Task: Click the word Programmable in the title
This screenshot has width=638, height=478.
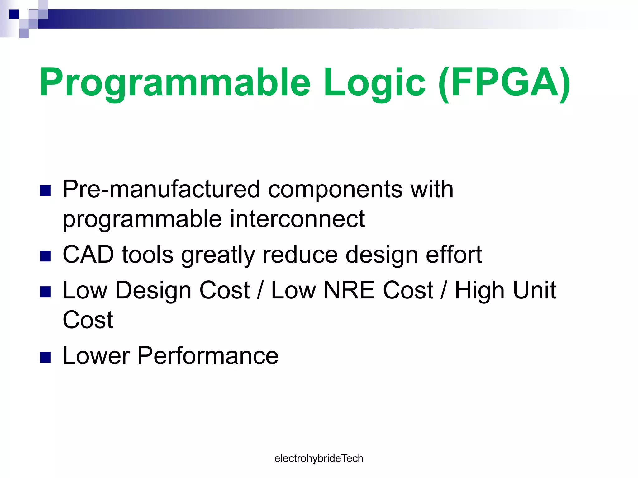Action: [x=174, y=82]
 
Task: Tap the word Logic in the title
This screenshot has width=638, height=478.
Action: [x=374, y=82]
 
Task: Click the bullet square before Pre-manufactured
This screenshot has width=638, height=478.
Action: [x=45, y=191]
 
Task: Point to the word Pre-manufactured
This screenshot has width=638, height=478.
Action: [x=161, y=189]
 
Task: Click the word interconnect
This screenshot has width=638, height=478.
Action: [x=297, y=219]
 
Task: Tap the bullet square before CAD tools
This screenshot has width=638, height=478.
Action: [x=45, y=256]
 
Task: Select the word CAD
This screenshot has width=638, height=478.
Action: [x=88, y=255]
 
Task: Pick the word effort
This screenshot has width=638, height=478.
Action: [x=454, y=255]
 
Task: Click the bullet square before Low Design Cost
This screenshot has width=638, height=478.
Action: [x=45, y=292]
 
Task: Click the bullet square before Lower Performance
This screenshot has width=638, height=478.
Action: [x=45, y=357]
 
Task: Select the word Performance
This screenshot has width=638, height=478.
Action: [x=208, y=355]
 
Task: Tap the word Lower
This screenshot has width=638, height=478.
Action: [x=96, y=355]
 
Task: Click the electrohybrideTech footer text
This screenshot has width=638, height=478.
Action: [x=319, y=458]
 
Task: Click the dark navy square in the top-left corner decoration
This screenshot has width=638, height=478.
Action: [x=14, y=14]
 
